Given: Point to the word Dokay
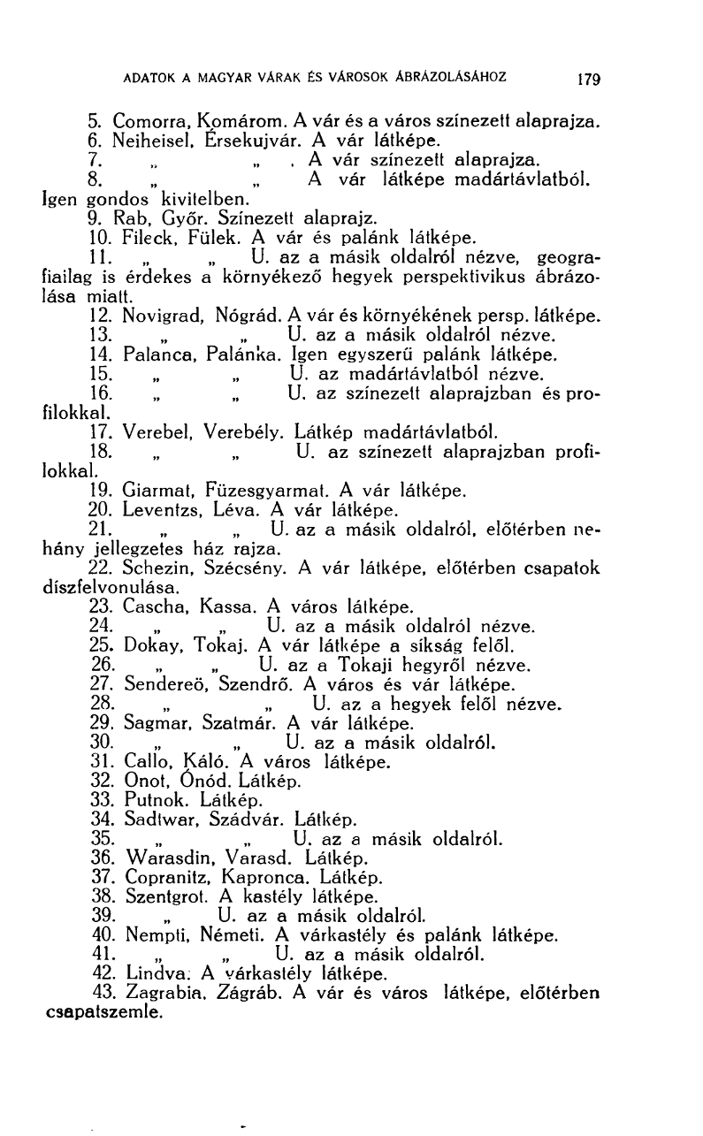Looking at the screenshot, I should (148, 646).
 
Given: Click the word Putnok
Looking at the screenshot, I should (151, 802).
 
